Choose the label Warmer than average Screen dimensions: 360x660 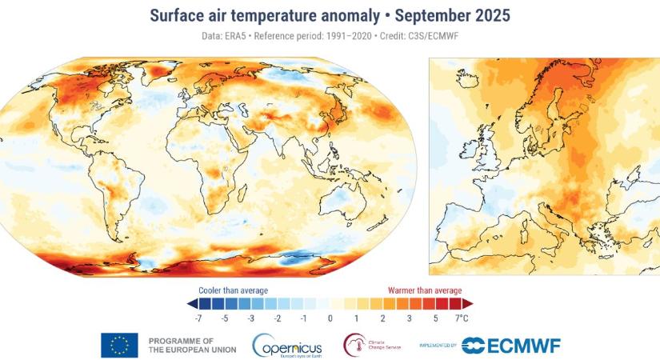coord(425,290)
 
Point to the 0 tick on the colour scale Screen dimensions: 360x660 coord(330,318)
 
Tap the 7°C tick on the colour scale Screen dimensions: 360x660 coord(462,318)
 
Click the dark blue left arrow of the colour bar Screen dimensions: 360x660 coord(191,304)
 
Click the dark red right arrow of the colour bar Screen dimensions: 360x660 coord(468,304)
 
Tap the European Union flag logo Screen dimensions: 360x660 coord(119,345)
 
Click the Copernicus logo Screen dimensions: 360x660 coord(287,346)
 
